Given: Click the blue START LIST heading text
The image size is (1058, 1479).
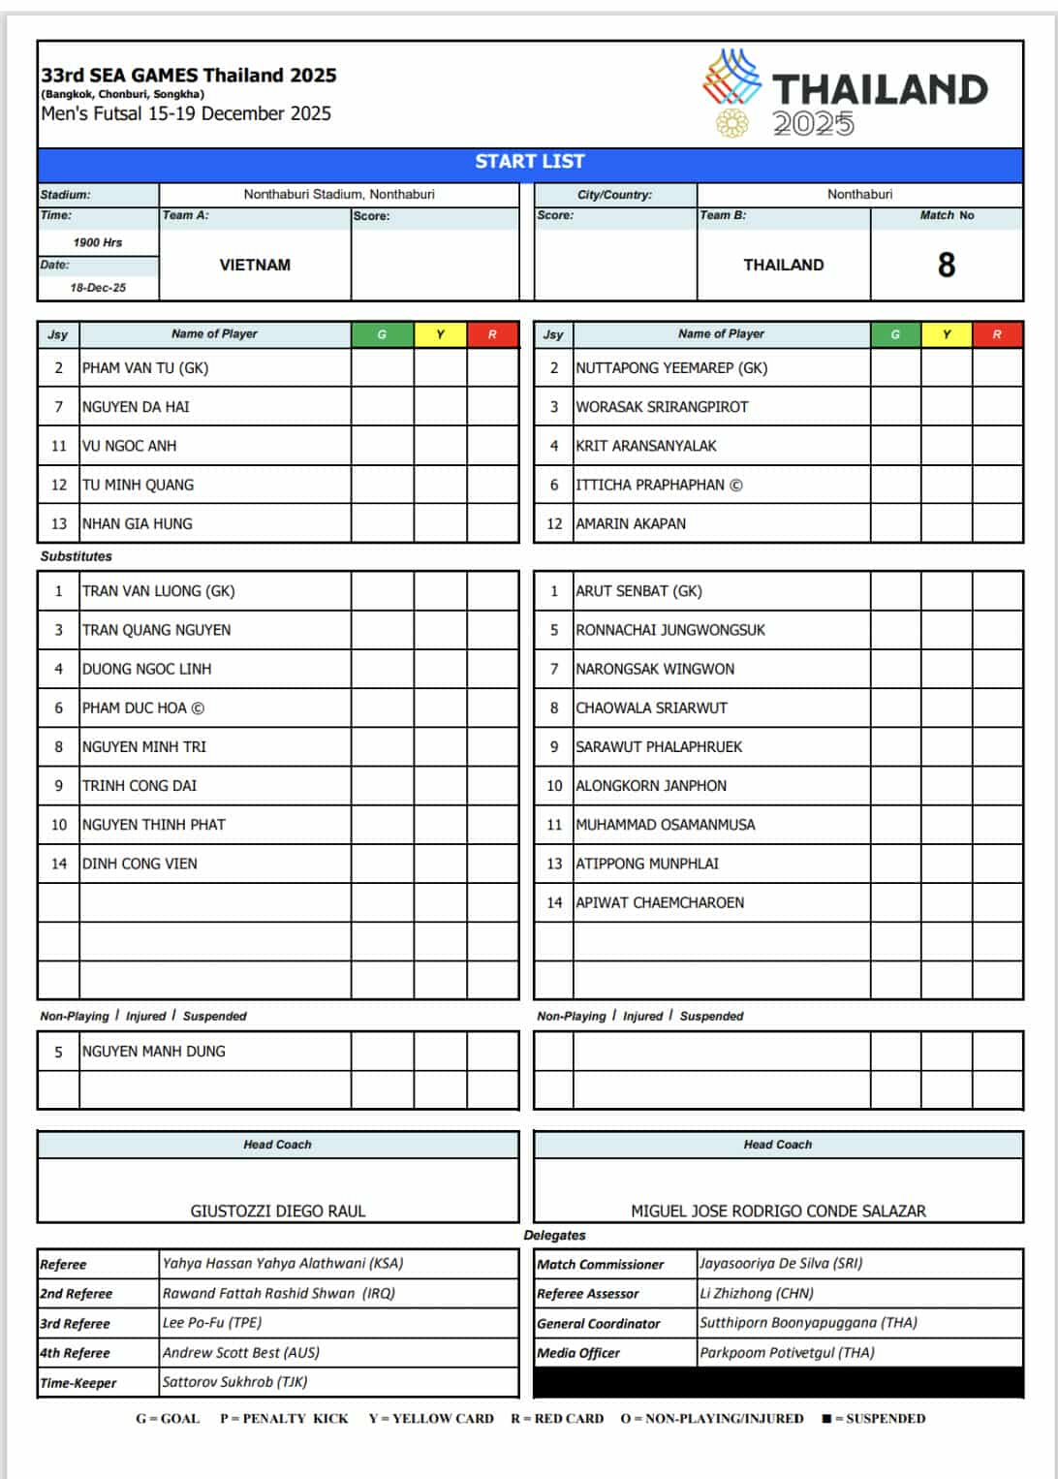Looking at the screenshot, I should [529, 162].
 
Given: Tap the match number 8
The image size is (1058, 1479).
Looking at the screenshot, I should [947, 265].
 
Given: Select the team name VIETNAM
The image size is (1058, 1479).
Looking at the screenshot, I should [255, 265].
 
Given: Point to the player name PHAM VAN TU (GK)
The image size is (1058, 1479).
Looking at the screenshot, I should [145, 368].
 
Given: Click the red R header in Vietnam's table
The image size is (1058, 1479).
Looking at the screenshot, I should [492, 334].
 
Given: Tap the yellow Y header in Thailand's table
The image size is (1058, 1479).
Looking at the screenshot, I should [947, 334].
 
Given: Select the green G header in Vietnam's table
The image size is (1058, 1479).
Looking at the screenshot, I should [382, 334].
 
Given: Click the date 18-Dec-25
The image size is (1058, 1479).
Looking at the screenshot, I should [98, 288].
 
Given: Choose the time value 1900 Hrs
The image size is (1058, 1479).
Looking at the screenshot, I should [98, 242].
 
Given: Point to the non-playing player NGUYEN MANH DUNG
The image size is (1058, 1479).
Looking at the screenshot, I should [154, 1052].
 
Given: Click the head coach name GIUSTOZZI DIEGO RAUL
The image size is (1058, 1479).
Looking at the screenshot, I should [278, 1211].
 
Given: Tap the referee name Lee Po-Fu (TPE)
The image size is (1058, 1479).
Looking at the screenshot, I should [212, 1323].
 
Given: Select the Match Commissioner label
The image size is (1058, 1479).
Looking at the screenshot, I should [601, 1265].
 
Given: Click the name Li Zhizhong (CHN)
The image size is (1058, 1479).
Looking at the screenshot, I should [757, 1294].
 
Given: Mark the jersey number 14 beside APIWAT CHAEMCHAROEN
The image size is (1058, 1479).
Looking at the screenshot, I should [554, 902].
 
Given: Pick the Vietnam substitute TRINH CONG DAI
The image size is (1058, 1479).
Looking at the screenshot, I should [140, 786].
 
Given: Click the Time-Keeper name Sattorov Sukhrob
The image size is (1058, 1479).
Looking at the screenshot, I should [235, 1382].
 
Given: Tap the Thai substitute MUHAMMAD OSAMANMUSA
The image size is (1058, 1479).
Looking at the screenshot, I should [666, 825].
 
